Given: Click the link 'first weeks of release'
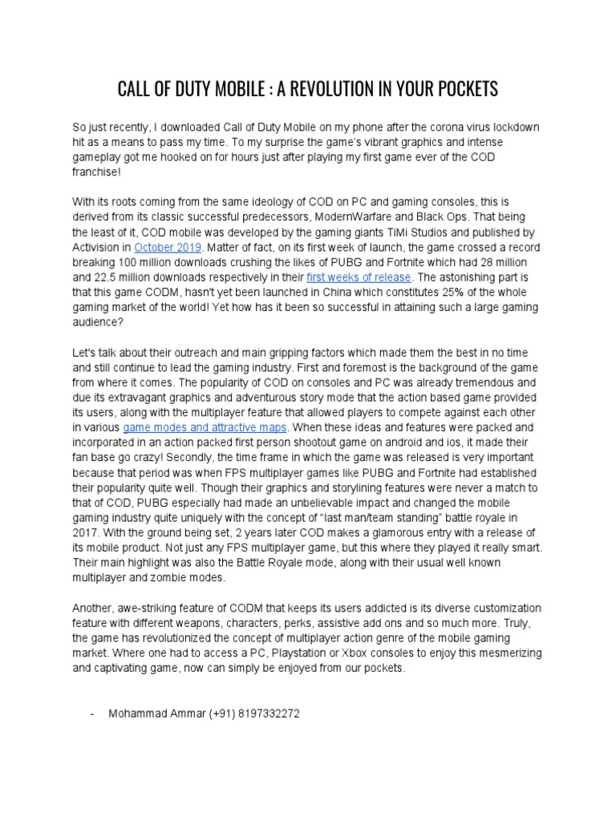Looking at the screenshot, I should [359, 277].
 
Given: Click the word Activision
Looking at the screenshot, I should [97, 246].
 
